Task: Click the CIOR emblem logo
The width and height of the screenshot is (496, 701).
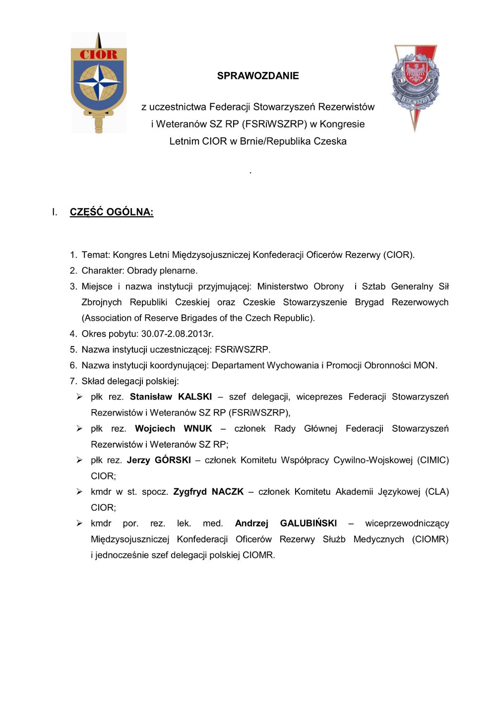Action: click(x=99, y=83)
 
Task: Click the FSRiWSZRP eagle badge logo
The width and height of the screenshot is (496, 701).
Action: click(x=415, y=87)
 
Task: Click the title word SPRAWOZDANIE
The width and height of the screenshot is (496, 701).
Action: click(x=258, y=76)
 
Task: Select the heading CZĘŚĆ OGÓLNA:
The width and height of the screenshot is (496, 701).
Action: click(x=112, y=212)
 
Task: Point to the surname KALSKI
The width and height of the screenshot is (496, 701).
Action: click(x=195, y=397)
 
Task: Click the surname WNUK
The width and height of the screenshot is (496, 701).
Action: click(x=198, y=428)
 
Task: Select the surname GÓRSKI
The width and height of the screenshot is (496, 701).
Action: click(x=173, y=460)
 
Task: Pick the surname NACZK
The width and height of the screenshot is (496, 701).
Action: click(x=228, y=492)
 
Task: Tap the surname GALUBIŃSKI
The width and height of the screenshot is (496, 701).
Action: click(x=309, y=524)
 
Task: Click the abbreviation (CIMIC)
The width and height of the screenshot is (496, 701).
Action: click(x=433, y=460)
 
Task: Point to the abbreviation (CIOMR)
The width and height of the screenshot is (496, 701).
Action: click(x=430, y=539)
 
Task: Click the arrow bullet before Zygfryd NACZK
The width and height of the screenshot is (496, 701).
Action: click(x=79, y=492)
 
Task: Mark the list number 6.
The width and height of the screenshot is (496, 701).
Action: click(x=73, y=365)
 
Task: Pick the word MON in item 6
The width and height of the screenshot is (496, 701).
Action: click(x=425, y=365)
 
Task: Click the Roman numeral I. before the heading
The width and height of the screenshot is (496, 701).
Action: click(x=55, y=212)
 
